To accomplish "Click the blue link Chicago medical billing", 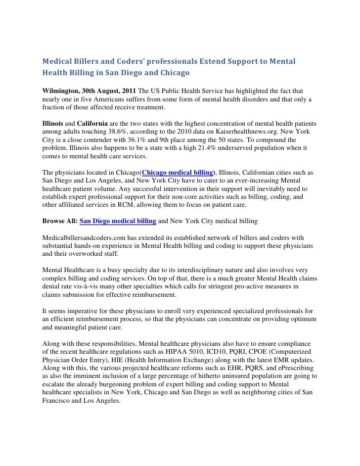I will (177, 172).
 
